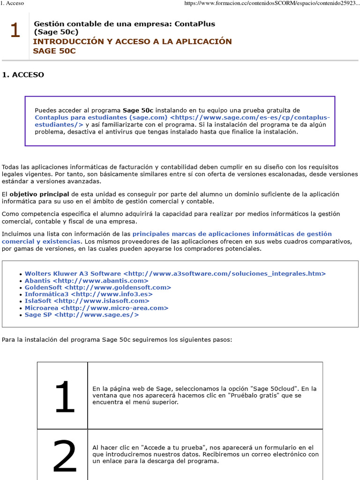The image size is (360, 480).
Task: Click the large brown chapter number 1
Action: click(x=15, y=31)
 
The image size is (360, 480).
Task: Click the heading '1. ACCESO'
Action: click(x=23, y=75)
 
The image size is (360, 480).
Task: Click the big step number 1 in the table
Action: click(x=64, y=396)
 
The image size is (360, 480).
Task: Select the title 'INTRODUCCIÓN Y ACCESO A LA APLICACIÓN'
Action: click(x=132, y=41)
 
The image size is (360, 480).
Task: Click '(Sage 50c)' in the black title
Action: click(x=56, y=32)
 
